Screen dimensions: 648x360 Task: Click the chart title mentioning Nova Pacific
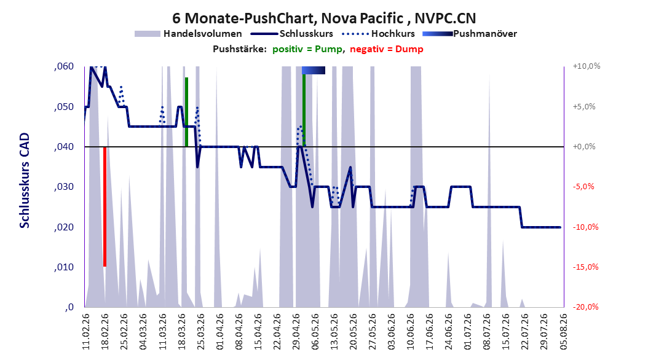point(324,18)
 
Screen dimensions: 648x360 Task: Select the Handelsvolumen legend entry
point(189,34)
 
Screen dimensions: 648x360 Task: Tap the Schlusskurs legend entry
point(292,34)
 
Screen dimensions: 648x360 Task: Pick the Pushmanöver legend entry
point(470,34)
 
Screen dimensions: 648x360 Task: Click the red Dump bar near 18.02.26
point(105,206)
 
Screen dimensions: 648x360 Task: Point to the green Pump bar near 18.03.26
point(187,112)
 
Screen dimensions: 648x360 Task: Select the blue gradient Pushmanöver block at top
point(314,70)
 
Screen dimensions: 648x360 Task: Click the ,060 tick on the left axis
point(64,66)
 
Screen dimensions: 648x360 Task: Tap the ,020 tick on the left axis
point(64,227)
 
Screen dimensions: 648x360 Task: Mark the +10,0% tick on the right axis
point(587,66)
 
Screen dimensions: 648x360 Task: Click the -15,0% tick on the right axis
point(585,267)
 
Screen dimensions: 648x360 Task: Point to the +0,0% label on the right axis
point(584,147)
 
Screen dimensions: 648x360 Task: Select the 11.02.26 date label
point(86,332)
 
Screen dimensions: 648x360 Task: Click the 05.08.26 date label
point(563,332)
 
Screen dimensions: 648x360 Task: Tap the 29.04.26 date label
point(296,332)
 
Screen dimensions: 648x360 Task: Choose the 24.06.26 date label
point(449,332)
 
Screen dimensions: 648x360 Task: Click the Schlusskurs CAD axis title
point(25,181)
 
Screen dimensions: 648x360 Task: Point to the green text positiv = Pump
point(307,49)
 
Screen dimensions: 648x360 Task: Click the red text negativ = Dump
point(387,49)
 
